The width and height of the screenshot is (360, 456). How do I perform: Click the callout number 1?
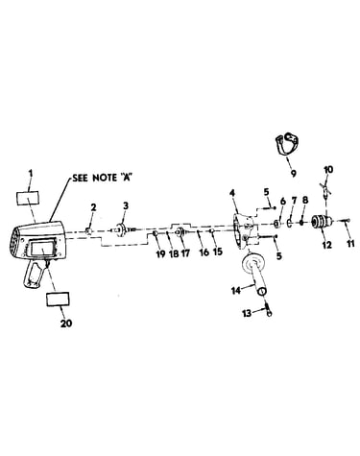coord(31,174)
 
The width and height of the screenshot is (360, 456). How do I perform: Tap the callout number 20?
coord(66,324)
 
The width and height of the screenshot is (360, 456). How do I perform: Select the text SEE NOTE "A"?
coord(103,178)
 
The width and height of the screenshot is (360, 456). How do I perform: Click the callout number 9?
coord(293,173)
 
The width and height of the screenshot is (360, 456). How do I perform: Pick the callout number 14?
coord(236,291)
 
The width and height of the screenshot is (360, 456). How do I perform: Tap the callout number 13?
coord(247,313)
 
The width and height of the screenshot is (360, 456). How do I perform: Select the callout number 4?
coord(232,194)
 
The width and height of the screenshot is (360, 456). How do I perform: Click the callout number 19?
coord(160,253)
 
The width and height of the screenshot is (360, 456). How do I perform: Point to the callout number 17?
coord(185,253)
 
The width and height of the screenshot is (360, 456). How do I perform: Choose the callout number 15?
coord(217,252)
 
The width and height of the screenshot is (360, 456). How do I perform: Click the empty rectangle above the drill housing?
coord(28,198)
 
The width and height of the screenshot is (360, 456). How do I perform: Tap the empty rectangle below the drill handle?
coord(58,300)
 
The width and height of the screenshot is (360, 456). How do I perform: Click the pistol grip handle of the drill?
coord(35,275)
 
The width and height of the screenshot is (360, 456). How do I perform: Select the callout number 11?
coord(350,244)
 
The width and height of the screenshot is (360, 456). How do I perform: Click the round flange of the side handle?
coord(254,263)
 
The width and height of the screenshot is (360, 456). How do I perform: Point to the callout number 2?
coord(93,207)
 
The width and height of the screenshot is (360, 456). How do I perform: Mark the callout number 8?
coord(305,201)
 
